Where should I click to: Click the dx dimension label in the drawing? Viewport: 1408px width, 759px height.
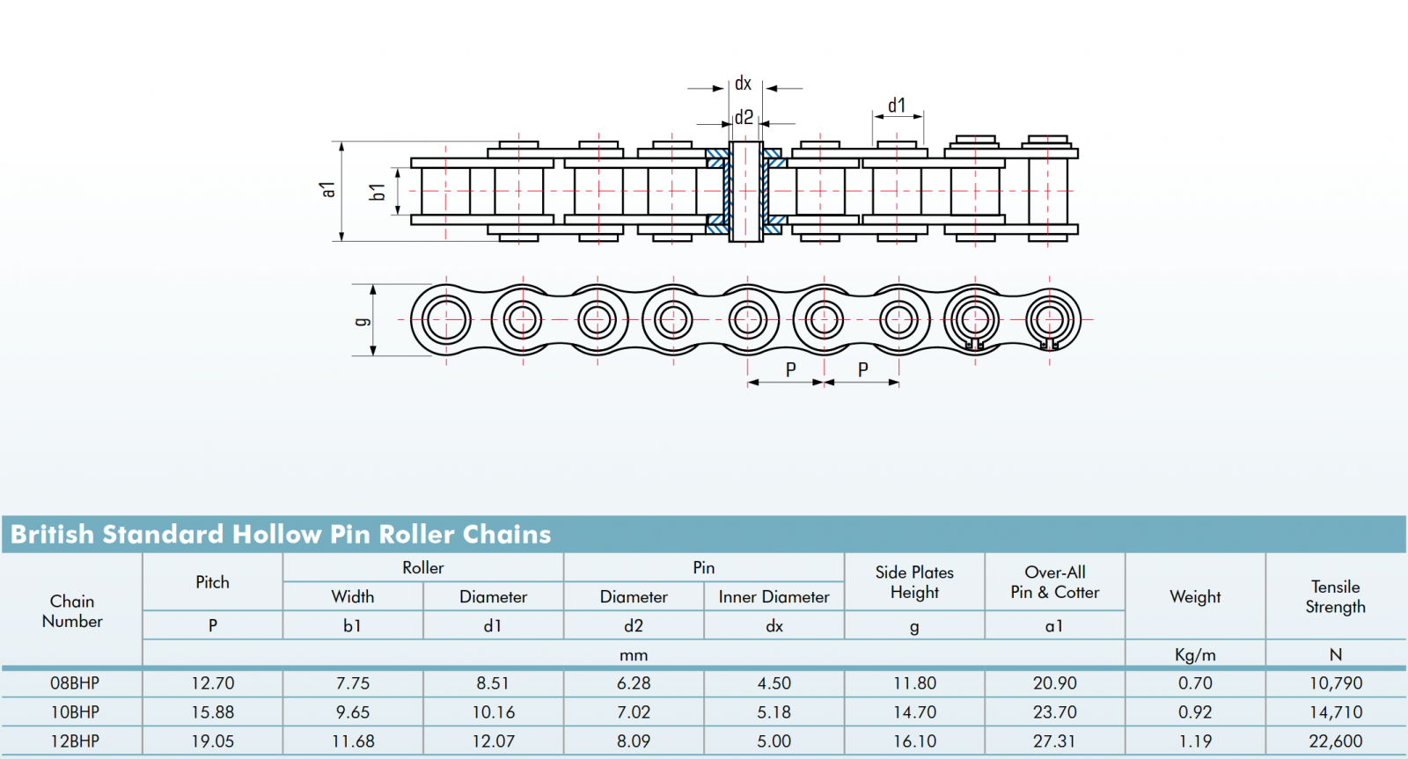pos(744,84)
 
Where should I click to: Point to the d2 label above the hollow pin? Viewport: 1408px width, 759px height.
pos(744,118)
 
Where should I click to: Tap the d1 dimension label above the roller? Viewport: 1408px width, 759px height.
pos(897,106)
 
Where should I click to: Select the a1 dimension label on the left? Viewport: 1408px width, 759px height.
pos(328,189)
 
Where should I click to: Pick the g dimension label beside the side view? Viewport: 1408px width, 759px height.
pos(362,321)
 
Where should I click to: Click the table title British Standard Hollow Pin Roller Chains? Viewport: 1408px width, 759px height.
pos(281,534)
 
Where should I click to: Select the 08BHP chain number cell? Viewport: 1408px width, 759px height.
pos(75,683)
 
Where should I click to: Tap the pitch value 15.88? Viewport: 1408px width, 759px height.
pos(213,712)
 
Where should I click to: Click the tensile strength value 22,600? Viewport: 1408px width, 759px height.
pos(1335,741)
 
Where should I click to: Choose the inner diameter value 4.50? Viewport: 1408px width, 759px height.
pos(774,683)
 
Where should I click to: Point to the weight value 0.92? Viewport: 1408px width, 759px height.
pos(1195,712)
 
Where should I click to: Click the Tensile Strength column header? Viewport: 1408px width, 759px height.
pos(1335,596)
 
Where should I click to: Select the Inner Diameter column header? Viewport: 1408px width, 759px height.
pos(774,597)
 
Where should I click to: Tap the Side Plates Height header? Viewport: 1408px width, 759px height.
pos(914,582)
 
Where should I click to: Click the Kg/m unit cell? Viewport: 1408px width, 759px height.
pos(1195,654)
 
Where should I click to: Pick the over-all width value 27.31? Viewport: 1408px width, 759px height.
pos(1054,741)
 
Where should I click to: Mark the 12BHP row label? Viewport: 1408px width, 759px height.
pos(75,741)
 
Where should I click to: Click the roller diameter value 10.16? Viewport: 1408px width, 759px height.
pos(494,712)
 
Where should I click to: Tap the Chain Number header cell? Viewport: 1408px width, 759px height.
pos(72,610)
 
